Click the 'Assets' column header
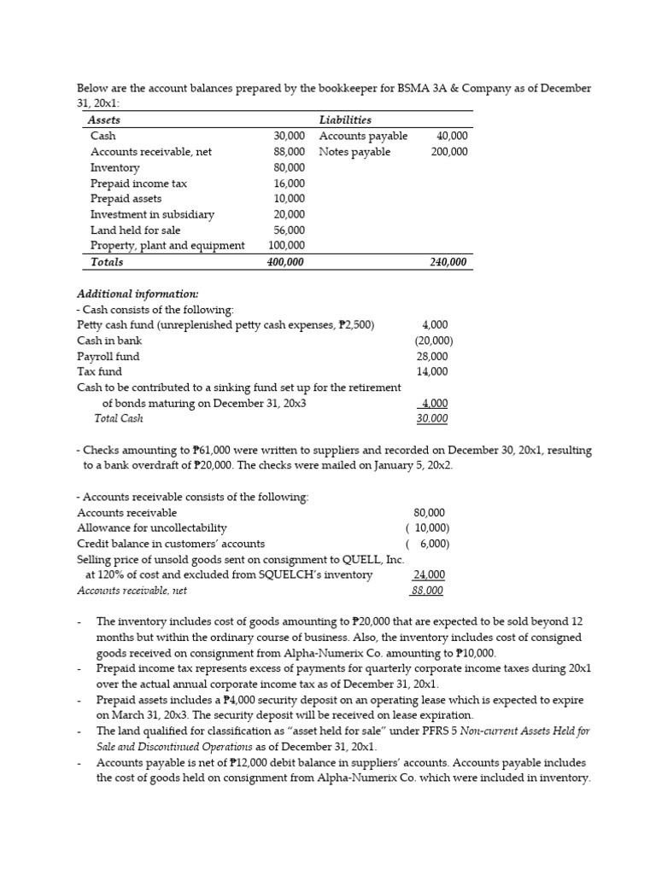[105, 120]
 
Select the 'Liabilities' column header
[345, 120]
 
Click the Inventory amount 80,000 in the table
[289, 168]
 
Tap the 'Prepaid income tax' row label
[138, 184]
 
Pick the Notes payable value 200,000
[449, 152]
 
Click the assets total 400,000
[286, 263]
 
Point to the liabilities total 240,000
[448, 263]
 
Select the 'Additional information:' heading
[138, 294]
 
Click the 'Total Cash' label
[119, 418]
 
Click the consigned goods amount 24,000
[429, 575]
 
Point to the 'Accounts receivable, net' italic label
[132, 591]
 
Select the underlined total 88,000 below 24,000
[429, 591]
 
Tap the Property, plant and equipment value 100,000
[286, 246]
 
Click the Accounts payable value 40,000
[452, 137]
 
